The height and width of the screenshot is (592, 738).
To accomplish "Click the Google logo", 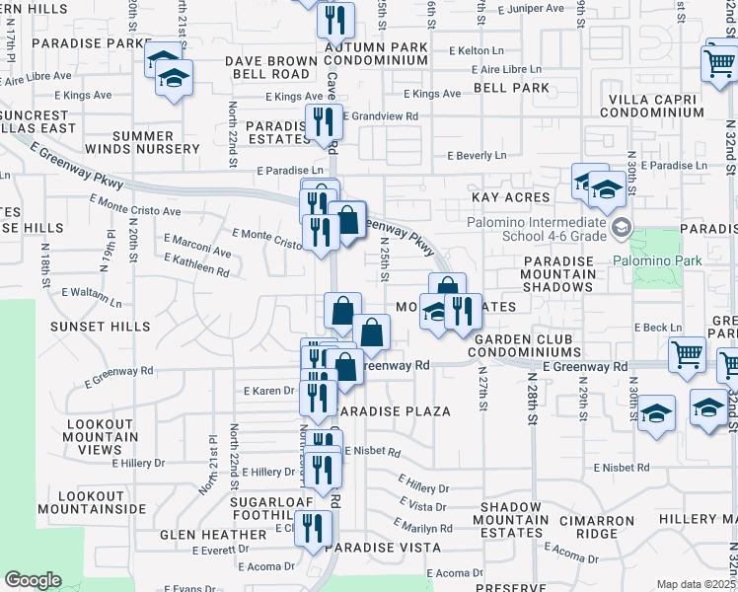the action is coord(34,580).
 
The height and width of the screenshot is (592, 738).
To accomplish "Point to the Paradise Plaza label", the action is coord(393,410).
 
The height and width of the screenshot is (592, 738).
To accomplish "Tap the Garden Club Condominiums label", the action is coord(525,345).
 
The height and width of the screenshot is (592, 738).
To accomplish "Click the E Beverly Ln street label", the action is coord(477,156).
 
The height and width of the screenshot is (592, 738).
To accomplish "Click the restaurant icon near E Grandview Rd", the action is coord(323,120).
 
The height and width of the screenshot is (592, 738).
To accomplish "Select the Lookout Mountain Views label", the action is coord(100,436).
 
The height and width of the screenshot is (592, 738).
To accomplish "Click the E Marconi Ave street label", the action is coord(198,247).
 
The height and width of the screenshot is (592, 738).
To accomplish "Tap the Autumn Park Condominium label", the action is coord(376,53).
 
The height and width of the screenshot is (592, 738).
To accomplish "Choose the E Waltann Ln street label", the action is coord(91,297).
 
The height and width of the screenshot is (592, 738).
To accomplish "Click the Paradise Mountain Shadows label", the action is coord(557,273).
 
